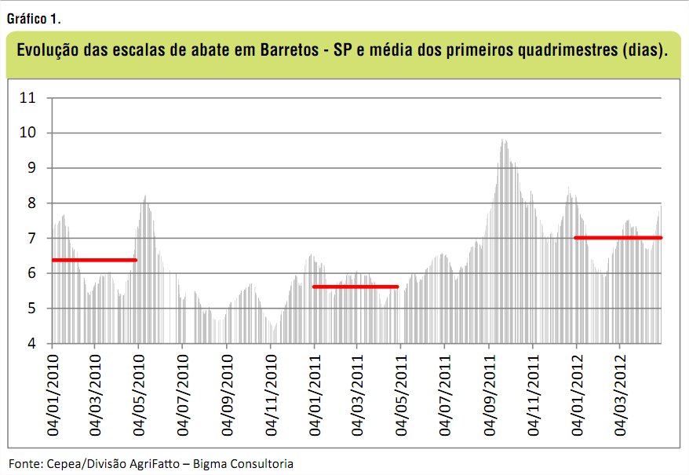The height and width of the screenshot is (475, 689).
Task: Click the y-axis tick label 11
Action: coord(27,98)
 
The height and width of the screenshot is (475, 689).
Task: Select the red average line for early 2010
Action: coord(94,260)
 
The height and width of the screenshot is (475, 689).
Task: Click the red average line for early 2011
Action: coord(355,287)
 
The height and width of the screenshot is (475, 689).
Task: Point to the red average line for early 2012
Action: coord(618,237)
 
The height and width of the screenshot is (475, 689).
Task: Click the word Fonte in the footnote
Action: coord(24,463)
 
